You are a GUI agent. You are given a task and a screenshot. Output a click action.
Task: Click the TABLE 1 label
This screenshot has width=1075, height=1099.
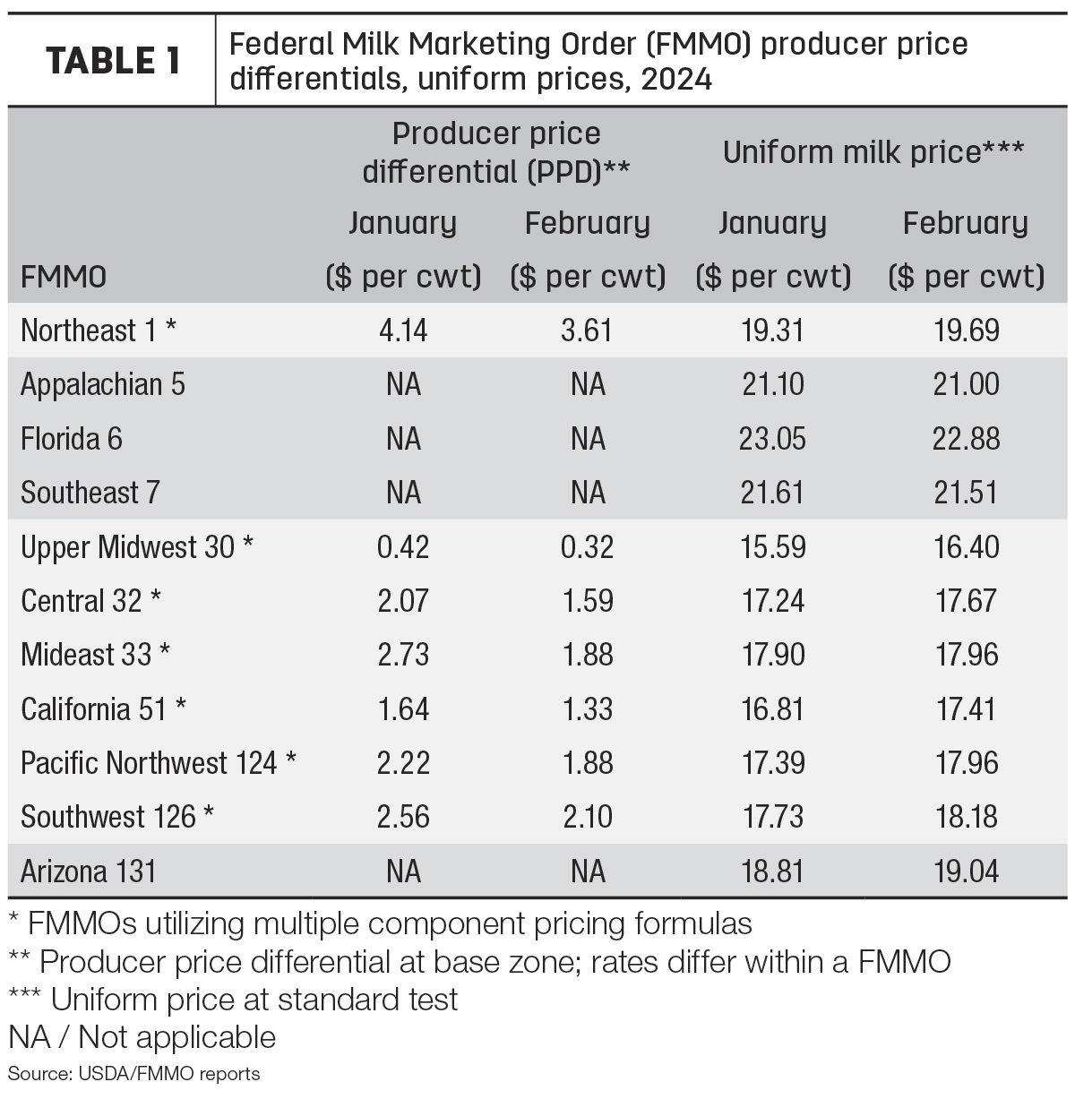(x=113, y=60)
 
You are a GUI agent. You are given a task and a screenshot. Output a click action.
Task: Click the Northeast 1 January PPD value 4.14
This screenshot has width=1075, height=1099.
(x=403, y=330)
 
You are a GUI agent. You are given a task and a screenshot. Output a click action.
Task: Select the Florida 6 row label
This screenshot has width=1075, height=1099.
(x=72, y=438)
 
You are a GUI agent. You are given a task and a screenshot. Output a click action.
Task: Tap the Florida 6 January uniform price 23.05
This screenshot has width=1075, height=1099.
(x=772, y=438)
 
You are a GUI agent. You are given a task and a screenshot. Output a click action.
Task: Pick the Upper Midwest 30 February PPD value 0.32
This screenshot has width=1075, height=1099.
(x=587, y=546)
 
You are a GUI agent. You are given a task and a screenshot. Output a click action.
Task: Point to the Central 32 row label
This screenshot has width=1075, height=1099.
(x=91, y=600)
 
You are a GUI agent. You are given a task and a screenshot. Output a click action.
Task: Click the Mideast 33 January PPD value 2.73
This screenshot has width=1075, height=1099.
(x=403, y=655)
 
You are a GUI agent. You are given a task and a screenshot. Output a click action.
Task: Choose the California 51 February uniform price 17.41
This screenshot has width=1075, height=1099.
(x=966, y=708)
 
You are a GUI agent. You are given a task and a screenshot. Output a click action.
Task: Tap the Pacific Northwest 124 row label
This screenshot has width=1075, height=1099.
(x=159, y=762)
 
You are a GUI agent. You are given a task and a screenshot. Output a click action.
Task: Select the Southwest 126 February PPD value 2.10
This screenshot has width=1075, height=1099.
(x=588, y=817)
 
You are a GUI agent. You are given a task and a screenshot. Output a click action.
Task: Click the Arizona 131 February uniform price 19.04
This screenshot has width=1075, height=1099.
(x=966, y=871)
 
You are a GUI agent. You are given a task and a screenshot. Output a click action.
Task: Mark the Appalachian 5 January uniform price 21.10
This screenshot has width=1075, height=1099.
(x=773, y=384)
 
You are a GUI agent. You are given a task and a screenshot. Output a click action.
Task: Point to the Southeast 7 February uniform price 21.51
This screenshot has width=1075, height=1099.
(x=966, y=493)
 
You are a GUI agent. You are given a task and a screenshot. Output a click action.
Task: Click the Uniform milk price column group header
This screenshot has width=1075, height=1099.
(x=873, y=152)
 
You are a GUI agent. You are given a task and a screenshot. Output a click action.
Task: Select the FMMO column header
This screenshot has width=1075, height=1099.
(x=64, y=278)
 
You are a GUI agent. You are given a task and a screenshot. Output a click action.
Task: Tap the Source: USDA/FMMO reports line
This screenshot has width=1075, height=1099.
(x=133, y=1074)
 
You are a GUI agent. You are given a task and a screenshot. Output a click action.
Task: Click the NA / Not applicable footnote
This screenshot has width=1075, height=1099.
(x=142, y=1037)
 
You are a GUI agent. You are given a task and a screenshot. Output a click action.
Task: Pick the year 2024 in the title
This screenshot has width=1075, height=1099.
(x=676, y=79)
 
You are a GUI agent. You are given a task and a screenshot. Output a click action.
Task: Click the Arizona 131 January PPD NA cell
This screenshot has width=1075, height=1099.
(x=403, y=871)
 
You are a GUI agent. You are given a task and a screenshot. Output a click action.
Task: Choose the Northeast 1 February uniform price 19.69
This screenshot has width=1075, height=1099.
(x=966, y=330)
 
